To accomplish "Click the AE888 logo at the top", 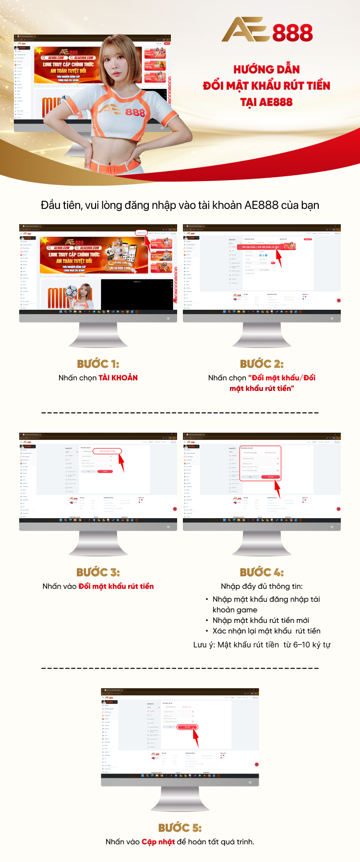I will pyautogui.click(x=267, y=30).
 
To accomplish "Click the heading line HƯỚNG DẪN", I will pyautogui.click(x=266, y=70).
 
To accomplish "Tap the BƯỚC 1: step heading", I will pyautogui.click(x=98, y=364).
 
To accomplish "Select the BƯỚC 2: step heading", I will pyautogui.click(x=262, y=364).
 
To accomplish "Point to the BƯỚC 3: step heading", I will pyautogui.click(x=98, y=572).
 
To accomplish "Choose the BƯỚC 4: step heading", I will pyautogui.click(x=262, y=572).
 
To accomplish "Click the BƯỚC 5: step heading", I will pyautogui.click(x=180, y=827).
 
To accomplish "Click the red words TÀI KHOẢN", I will pyautogui.click(x=118, y=378).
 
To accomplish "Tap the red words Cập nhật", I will pyautogui.click(x=158, y=842).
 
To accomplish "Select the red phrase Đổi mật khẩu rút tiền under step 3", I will pyautogui.click(x=116, y=586).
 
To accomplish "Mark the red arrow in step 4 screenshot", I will pyautogui.click(x=277, y=489).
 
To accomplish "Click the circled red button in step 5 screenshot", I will pyautogui.click(x=187, y=727).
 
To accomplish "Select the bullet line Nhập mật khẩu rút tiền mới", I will pyautogui.click(x=261, y=620).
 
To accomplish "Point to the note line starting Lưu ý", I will pyautogui.click(x=262, y=645).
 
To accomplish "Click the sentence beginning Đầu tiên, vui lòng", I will pyautogui.click(x=180, y=205).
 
